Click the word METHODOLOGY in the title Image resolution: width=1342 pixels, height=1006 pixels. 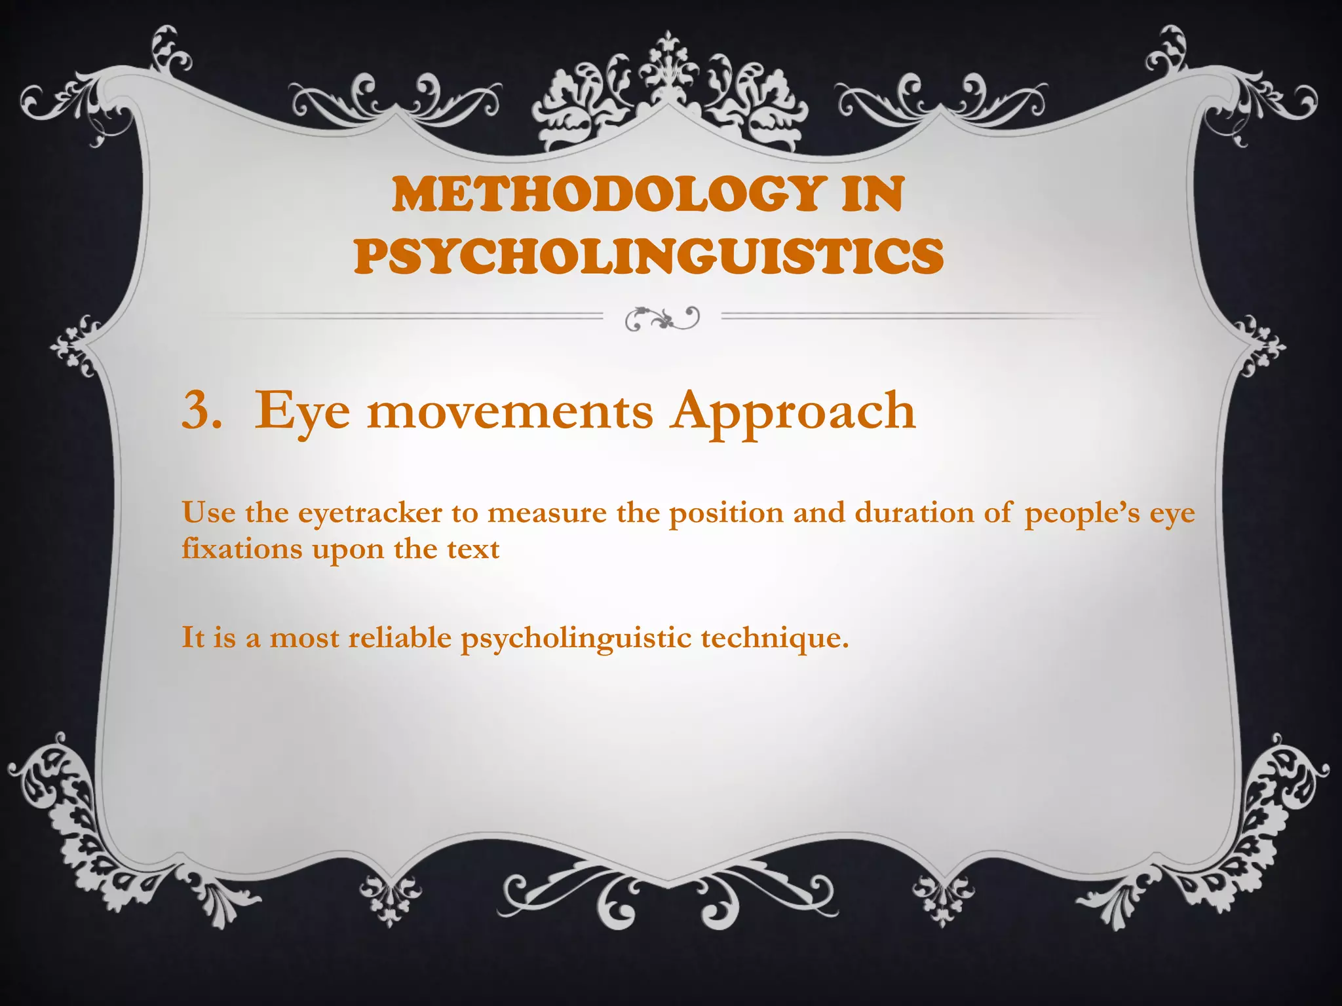607,195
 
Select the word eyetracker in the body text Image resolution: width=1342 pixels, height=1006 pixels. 370,513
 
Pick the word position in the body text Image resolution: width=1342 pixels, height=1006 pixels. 726,513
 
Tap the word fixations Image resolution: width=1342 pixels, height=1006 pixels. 242,549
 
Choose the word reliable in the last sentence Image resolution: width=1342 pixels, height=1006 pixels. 400,637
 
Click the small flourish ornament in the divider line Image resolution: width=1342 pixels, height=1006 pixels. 662,318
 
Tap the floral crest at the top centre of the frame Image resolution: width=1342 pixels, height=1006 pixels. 668,92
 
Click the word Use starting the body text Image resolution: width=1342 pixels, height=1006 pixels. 209,513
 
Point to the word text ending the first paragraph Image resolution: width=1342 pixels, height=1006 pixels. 473,549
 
